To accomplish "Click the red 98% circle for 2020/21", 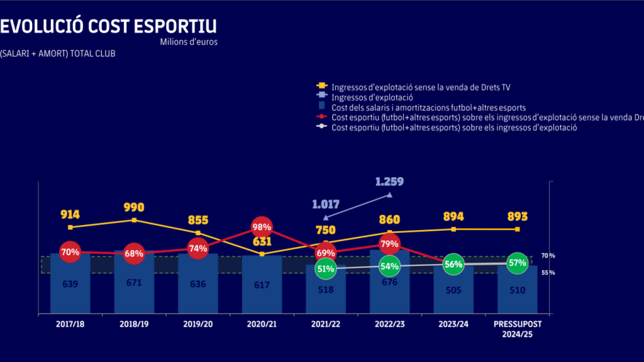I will coord(262,226).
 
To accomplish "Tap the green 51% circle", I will coord(326,269).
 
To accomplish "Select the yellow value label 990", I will coord(134,207).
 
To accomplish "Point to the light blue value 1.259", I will coord(389,182).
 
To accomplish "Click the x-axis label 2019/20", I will coord(197,324).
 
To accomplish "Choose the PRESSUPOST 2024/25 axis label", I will coord(517,329).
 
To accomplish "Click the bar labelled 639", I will coord(70,284).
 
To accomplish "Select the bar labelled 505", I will coord(453,290).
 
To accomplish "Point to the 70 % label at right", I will coord(548,256).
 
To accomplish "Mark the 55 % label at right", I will coord(548,273).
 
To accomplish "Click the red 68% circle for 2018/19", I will coord(134,254).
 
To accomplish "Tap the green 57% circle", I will coord(517,263).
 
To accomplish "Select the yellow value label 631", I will coord(262,241).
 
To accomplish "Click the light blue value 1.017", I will coord(326,204).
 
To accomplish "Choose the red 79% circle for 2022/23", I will coord(389,244).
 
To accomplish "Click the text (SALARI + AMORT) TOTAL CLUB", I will coord(58,53).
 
